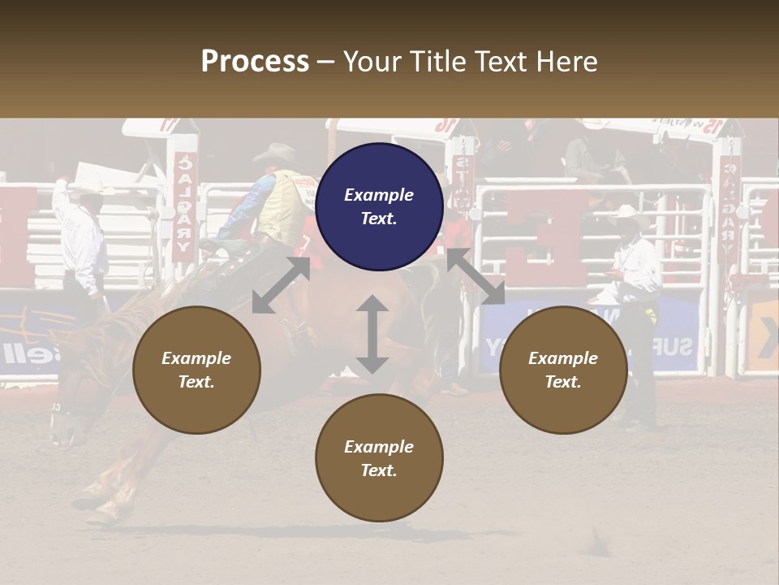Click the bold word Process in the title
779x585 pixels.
click(x=255, y=62)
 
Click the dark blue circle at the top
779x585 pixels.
click(x=379, y=206)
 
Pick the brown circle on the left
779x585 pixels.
click(x=196, y=370)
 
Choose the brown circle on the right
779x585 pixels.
click(x=562, y=370)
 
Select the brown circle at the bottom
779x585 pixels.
click(x=379, y=457)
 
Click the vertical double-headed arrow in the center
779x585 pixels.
click(x=372, y=334)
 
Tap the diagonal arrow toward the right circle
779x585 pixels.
click(x=476, y=277)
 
